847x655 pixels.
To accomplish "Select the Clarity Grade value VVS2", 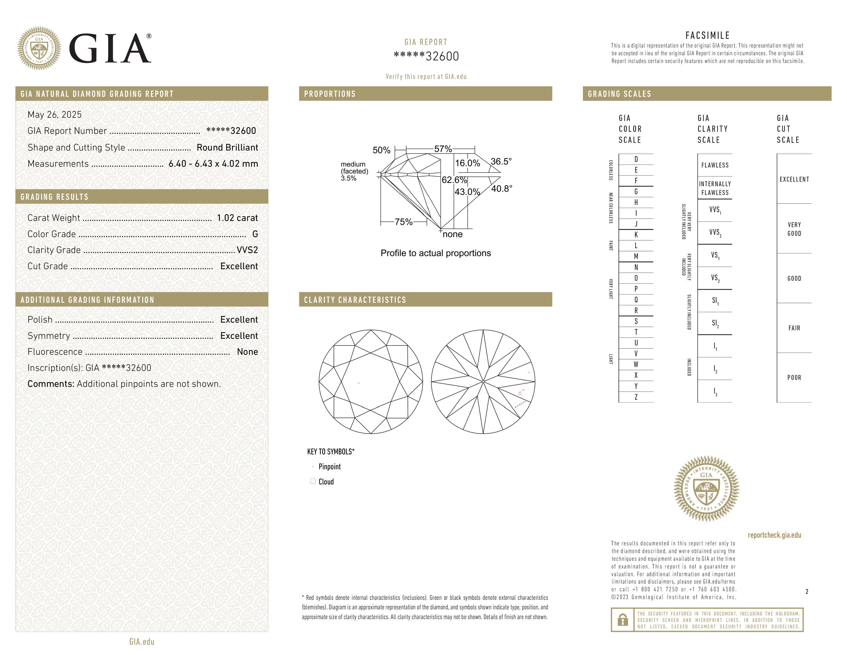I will point(247,250).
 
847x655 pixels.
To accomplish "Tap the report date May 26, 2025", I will point(55,115).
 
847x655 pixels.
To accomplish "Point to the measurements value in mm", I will point(213,164).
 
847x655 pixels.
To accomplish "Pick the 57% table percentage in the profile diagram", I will point(443,149).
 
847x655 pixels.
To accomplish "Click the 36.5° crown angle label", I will point(501,161).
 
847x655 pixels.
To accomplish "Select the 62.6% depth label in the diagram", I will point(454,180).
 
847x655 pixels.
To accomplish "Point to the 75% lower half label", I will point(403,222).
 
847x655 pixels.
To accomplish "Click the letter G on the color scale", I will point(636,192).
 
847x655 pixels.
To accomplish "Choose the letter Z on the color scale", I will point(636,397).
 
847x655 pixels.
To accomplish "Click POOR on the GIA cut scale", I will point(794,378).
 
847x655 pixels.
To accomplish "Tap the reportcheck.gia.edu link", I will point(774,535).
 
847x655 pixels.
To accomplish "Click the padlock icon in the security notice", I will point(622,620).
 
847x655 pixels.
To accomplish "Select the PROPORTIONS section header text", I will point(330,94).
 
